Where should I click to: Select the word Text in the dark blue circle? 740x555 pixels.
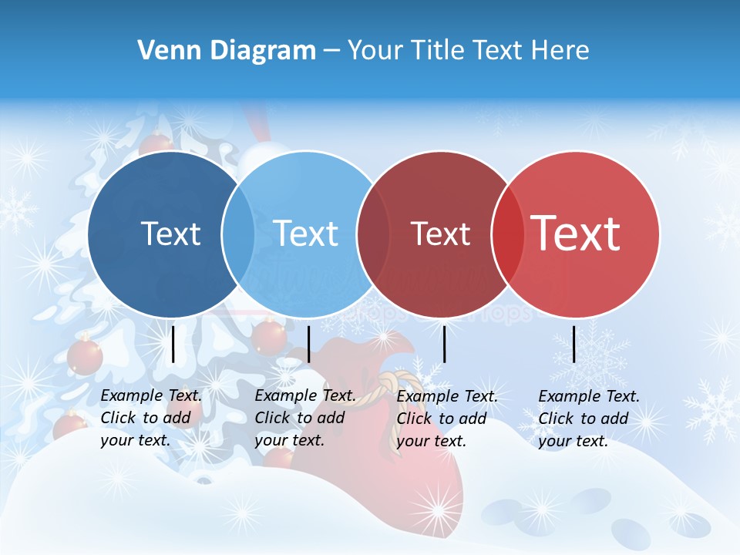171,234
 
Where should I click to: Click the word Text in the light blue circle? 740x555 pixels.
305,234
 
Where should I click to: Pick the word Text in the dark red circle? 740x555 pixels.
440,234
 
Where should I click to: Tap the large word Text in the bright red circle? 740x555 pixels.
576,234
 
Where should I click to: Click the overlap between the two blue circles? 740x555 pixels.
239,234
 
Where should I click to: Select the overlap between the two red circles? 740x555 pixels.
507,234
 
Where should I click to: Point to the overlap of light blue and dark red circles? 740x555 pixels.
373,234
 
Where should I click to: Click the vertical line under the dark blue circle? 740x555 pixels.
173,344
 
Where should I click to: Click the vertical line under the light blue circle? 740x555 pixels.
308,344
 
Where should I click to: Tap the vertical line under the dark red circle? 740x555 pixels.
444,344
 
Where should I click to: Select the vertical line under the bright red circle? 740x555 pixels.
573,344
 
